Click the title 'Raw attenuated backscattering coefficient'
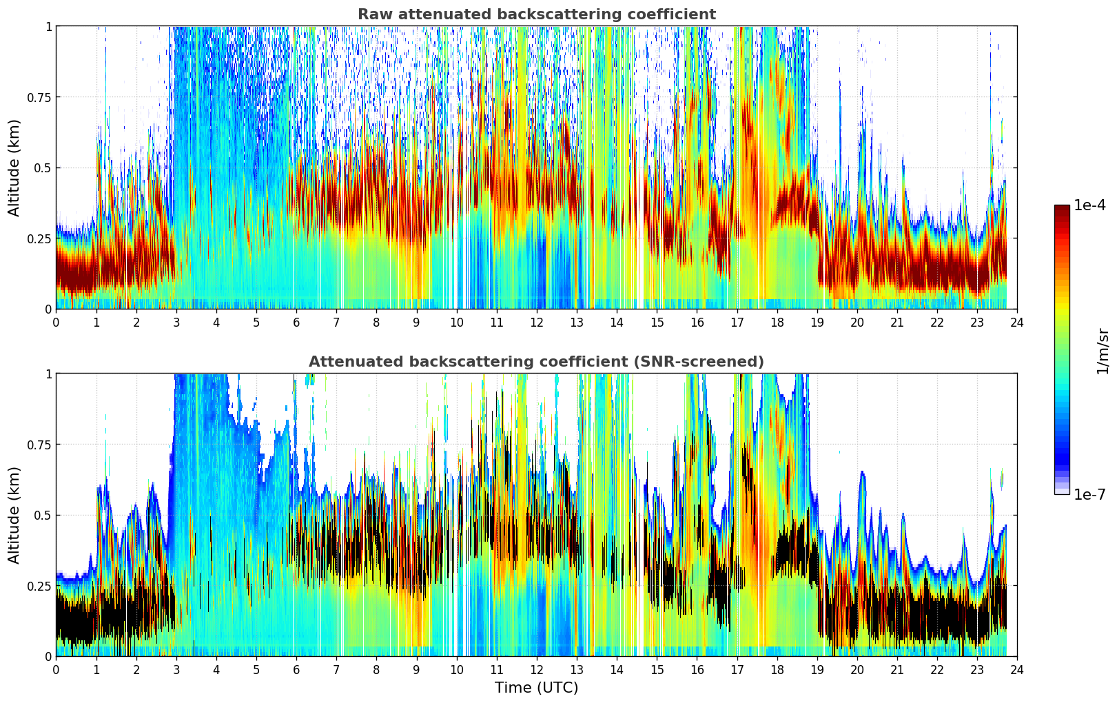coord(536,14)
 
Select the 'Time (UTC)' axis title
coord(536,688)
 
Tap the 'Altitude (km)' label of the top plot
coord(14,167)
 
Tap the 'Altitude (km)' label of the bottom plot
coord(14,515)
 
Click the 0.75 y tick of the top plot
coord(39,97)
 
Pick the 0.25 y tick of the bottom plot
coord(39,586)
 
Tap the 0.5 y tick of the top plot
coord(43,168)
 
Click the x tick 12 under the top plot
coord(536,322)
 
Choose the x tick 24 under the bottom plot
coord(1017,669)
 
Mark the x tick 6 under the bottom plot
coord(296,669)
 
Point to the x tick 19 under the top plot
coord(817,322)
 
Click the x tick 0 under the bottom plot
coord(56,669)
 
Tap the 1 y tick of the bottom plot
coord(48,374)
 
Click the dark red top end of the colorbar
coord(1062,208)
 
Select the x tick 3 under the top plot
coord(176,322)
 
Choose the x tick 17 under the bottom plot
coord(737,669)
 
